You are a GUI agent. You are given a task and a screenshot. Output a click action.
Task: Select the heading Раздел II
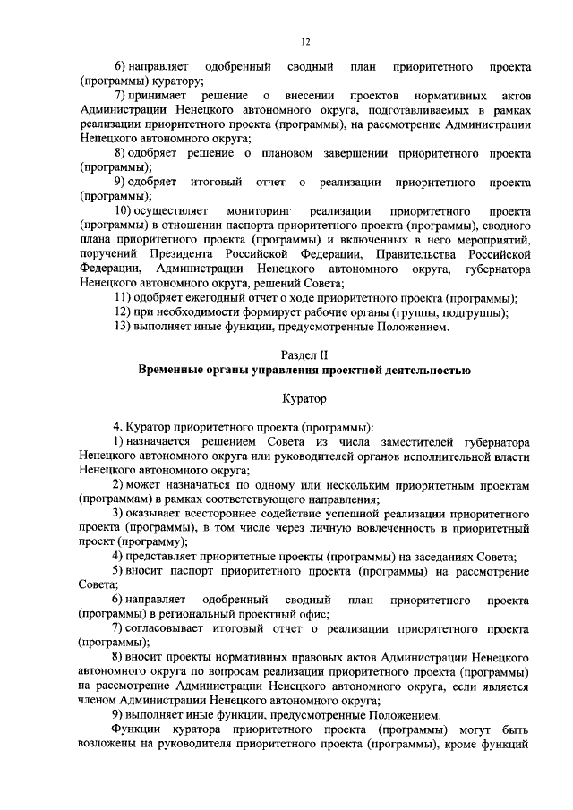306,354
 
